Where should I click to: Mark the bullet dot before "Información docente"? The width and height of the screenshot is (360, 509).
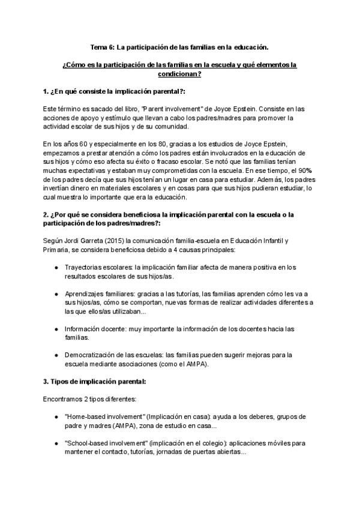coord(56,329)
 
